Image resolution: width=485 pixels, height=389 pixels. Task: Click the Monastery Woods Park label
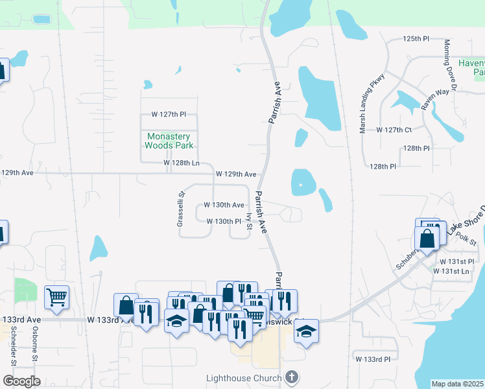coord(168,141)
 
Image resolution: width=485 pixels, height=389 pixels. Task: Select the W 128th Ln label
coord(182,163)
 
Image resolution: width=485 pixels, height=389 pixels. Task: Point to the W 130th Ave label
coord(224,204)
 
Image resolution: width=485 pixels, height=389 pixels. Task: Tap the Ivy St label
coord(249,220)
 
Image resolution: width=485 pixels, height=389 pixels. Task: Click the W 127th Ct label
coord(394,130)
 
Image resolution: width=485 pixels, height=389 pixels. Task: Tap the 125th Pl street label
coord(416,39)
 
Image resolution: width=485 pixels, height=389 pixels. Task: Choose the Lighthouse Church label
coord(243,377)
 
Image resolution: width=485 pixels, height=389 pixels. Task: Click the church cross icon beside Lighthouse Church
coord(292,377)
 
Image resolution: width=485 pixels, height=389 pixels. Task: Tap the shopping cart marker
coord(57,297)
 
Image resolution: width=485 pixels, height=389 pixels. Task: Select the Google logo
coord(21,381)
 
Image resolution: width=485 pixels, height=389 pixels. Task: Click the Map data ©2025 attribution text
coord(457,384)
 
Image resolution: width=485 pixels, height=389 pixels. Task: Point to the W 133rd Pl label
coord(372,358)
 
